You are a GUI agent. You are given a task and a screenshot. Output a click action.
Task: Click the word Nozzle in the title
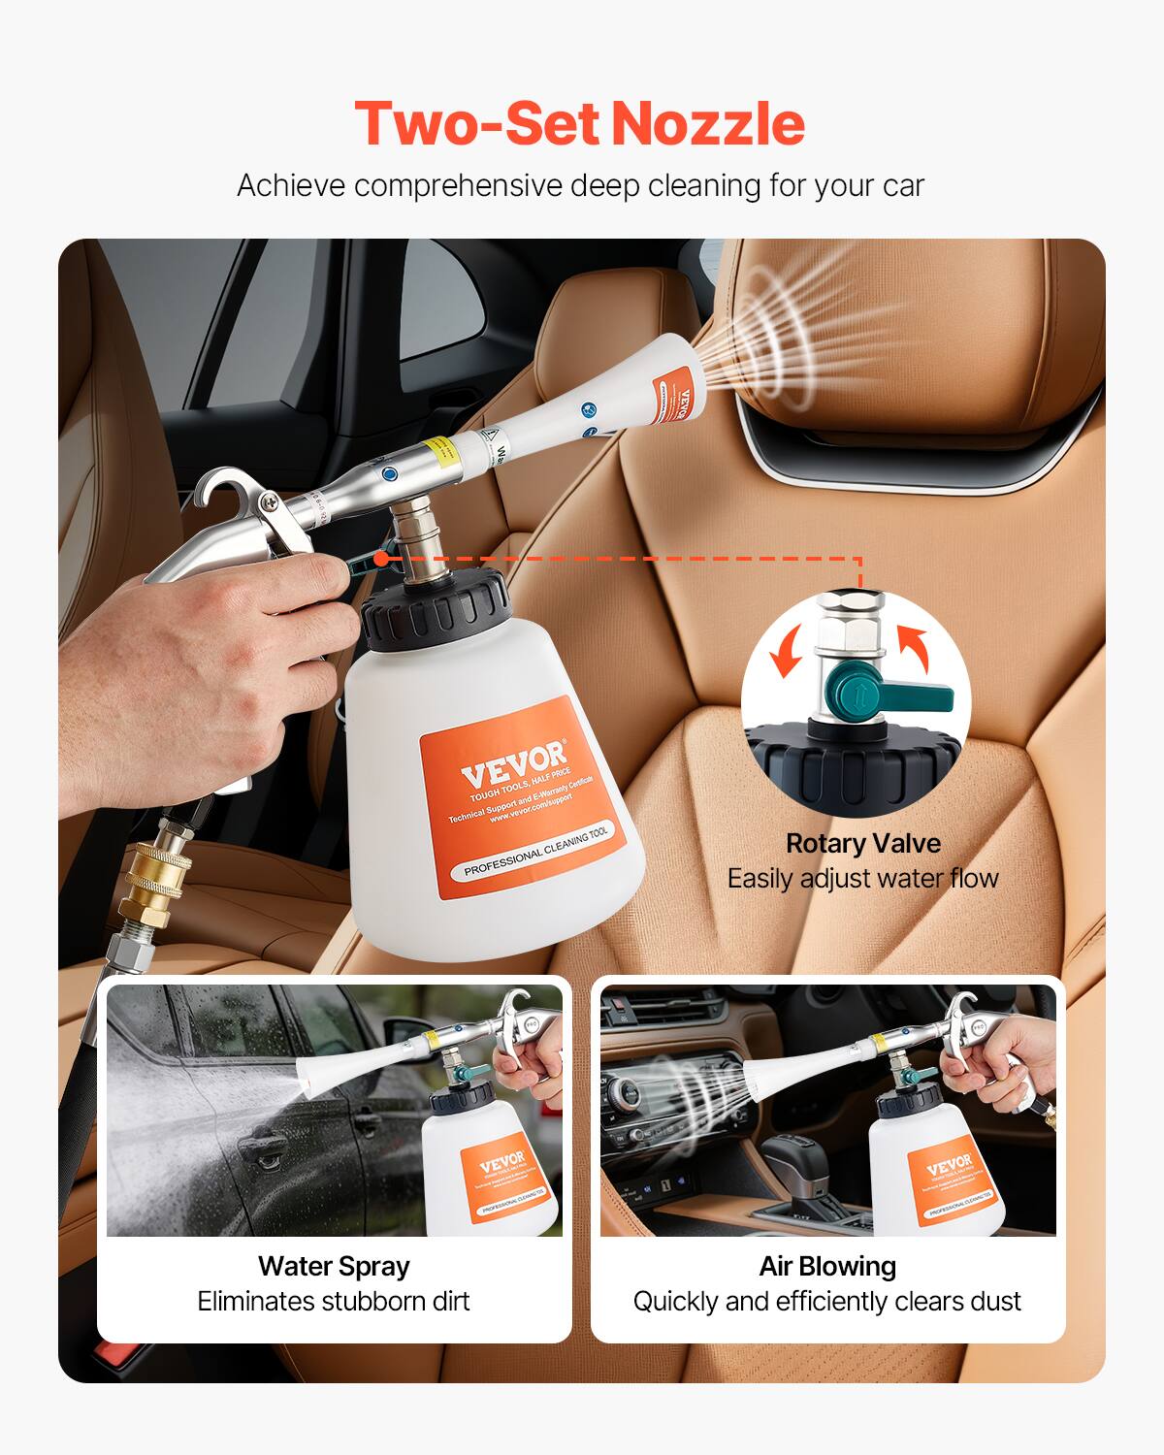click(x=708, y=124)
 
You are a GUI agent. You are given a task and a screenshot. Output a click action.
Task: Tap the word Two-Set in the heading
click(x=475, y=124)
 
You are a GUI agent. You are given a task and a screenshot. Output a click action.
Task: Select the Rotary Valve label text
click(x=862, y=843)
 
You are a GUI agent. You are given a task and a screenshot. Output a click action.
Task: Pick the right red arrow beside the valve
click(x=914, y=649)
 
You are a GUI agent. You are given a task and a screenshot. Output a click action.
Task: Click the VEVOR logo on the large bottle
click(x=512, y=762)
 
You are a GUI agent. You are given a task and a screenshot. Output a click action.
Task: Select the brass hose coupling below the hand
click(x=154, y=887)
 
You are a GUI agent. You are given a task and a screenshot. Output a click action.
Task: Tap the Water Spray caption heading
click(x=334, y=1266)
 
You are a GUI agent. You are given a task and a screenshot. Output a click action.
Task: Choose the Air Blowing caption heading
click(x=827, y=1266)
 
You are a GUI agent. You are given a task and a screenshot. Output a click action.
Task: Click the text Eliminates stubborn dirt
click(x=334, y=1301)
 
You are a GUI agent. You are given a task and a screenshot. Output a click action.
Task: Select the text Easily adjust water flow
click(x=862, y=878)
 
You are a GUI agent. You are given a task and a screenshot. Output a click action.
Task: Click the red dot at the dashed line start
click(x=382, y=558)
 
